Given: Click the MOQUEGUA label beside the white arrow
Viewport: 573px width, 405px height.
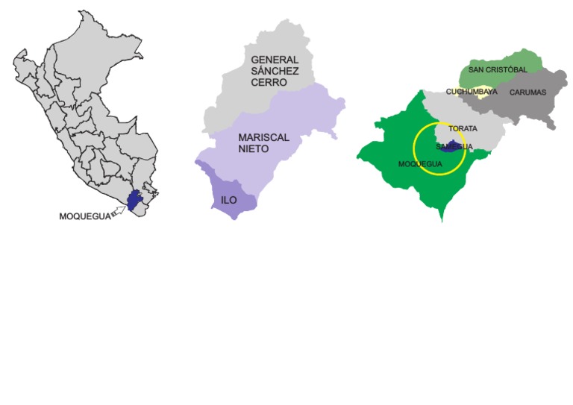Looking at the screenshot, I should click(83, 216).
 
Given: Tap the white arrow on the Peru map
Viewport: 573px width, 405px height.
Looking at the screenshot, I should click(117, 213).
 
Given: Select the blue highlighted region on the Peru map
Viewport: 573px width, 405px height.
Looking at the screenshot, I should click(134, 200).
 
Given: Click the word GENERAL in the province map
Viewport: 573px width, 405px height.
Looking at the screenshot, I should click(275, 59).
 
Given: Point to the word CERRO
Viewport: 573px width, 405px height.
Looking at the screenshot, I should click(269, 83).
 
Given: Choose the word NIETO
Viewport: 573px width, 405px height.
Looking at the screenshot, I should click(254, 150).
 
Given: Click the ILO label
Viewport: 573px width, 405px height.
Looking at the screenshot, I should click(229, 200).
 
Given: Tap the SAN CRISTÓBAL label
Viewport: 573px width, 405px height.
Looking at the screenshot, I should click(498, 69).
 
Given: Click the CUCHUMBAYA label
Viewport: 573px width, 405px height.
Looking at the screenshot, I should click(471, 92).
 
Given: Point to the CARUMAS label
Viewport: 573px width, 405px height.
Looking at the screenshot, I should click(527, 92).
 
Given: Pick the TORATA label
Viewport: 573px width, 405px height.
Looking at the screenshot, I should click(463, 128).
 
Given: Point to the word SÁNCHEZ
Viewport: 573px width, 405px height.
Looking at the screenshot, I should click(274, 71).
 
